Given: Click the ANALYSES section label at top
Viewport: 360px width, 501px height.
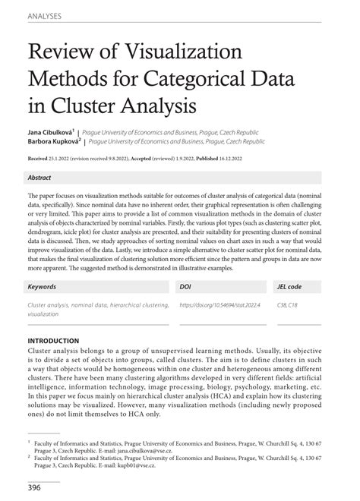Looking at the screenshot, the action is click(x=44, y=15).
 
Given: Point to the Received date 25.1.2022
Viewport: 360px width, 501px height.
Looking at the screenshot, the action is click(x=65, y=159).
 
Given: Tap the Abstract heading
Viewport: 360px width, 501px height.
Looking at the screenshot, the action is click(x=40, y=178).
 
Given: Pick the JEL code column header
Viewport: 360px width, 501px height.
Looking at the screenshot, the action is click(x=289, y=288).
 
